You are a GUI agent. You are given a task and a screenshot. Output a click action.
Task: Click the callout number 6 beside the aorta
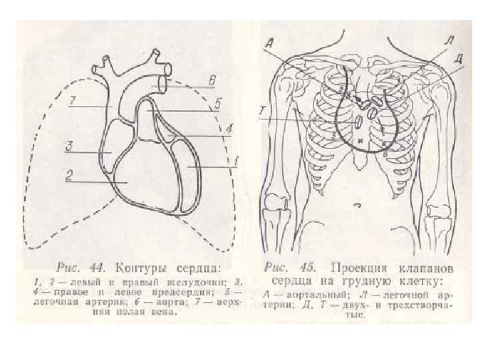pos(211,81)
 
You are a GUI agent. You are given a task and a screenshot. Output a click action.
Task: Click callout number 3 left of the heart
pos(68,145)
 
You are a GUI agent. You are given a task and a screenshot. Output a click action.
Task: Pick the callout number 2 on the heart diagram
pos(68,175)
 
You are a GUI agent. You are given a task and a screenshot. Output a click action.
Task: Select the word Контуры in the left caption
pos(141,269)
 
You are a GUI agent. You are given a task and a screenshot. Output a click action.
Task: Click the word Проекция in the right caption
pos(350,268)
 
